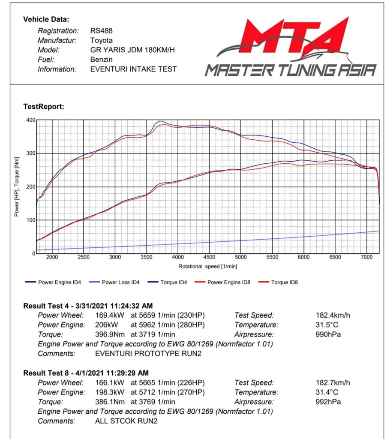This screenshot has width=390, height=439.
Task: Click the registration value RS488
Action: pyautogui.click(x=101, y=30)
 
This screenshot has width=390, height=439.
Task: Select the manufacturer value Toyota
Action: pyautogui.click(x=101, y=40)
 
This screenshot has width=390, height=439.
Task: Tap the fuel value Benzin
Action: pyautogui.click(x=101, y=59)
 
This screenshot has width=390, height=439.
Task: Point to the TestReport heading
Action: pyautogui.click(x=44, y=107)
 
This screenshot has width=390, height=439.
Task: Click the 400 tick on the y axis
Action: pyautogui.click(x=31, y=120)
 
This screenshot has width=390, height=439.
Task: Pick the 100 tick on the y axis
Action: pyautogui.click(x=31, y=220)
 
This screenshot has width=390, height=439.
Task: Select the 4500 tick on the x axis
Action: pyautogui.click(x=209, y=257)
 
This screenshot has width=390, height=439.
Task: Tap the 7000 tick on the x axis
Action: pyautogui.click(x=366, y=257)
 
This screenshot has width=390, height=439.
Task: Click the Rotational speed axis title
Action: pyautogui.click(x=208, y=267)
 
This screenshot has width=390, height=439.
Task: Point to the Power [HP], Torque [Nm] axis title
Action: pyautogui.click(x=17, y=187)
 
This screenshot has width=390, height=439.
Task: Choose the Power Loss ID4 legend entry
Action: pyautogui.click(x=114, y=282)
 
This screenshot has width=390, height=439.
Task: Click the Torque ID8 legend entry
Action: pyautogui.click(x=278, y=282)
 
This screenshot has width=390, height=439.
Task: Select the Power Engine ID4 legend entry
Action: pyautogui.click(x=53, y=282)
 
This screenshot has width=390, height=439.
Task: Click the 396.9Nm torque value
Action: pyautogui.click(x=110, y=334)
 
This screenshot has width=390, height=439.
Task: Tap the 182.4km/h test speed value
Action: pyautogui.click(x=333, y=315)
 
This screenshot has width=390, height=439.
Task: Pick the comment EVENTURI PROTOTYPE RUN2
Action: pyautogui.click(x=148, y=354)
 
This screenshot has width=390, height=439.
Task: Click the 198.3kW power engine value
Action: pyautogui.click(x=109, y=392)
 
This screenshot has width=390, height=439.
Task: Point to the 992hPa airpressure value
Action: pyautogui.click(x=328, y=402)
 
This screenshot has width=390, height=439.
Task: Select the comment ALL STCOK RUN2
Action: pyautogui.click(x=126, y=421)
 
